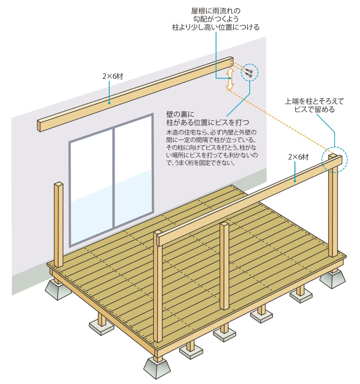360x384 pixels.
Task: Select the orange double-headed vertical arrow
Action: [x=230, y=78]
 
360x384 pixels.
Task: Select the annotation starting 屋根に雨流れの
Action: [x=215, y=19]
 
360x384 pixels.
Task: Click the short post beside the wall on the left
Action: [x=59, y=224]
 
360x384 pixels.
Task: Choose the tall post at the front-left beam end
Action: [x=158, y=288]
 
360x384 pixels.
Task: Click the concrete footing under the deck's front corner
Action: [x=157, y=368]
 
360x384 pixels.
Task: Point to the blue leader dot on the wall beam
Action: [x=109, y=103]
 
